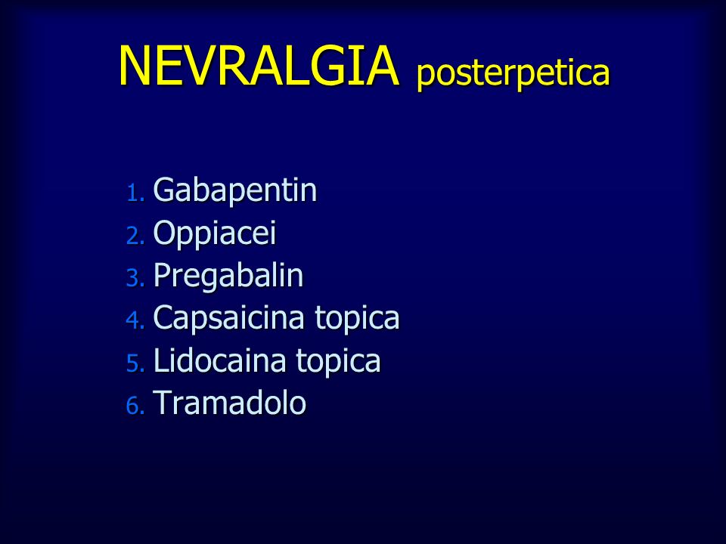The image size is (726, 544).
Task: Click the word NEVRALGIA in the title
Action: pyautogui.click(x=259, y=65)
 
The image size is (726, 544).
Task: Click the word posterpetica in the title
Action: pyautogui.click(x=513, y=73)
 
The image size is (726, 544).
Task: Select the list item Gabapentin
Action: pyautogui.click(x=234, y=190)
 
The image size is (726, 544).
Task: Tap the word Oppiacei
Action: pyautogui.click(x=214, y=233)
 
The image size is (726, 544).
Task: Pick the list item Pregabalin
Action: pyautogui.click(x=228, y=276)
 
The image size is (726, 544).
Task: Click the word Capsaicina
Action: pyautogui.click(x=228, y=317)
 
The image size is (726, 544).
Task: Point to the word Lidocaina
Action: pyautogui.click(x=220, y=360)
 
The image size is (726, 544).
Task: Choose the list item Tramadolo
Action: pyautogui.click(x=229, y=403)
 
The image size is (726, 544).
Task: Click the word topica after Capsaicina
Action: pyautogui.click(x=357, y=318)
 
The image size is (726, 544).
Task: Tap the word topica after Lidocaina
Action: pyautogui.click(x=339, y=361)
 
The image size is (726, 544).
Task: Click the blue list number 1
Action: pyautogui.click(x=135, y=193)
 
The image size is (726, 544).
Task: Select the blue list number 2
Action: pyautogui.click(x=135, y=236)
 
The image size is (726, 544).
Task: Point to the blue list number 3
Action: pyautogui.click(x=135, y=278)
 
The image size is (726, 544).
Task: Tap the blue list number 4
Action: pyautogui.click(x=135, y=320)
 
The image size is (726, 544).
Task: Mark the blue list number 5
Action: pyautogui.click(x=135, y=363)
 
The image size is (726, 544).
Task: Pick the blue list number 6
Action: pyautogui.click(x=135, y=406)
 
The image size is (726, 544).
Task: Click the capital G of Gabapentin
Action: pyautogui.click(x=164, y=189)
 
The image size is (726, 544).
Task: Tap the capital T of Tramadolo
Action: pyautogui.click(x=163, y=403)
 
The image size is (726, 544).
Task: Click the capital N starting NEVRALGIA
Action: pyautogui.click(x=135, y=65)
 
